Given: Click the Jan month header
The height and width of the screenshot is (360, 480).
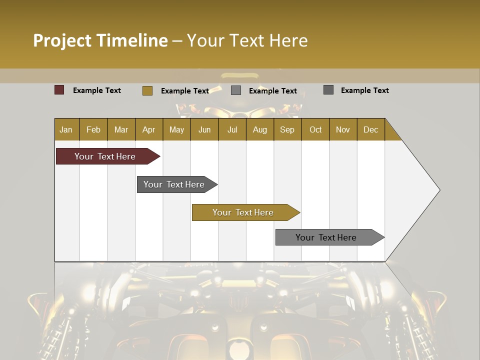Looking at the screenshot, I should point(66,129).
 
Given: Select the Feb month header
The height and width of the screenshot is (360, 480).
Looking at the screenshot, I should point(93,129).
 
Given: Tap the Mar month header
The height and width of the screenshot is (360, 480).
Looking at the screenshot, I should point(121,129).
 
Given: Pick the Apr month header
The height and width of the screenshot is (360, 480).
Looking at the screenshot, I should point(149,129).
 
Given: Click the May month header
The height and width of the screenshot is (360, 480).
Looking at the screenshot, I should point(176,129).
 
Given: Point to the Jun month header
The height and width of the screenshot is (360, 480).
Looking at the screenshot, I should point(204,129).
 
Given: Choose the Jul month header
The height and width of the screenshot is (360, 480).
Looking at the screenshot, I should point(232,129).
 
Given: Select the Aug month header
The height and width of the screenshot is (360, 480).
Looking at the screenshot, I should point(260,129).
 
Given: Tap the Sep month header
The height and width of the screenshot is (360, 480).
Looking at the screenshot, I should point(287,129).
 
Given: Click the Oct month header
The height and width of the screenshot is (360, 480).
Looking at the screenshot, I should point(315,129).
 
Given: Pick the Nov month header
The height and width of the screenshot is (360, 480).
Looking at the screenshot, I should point(343,129).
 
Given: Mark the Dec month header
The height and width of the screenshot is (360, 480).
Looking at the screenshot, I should point(371,129).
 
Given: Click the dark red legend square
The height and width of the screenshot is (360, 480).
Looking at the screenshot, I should point(59,90).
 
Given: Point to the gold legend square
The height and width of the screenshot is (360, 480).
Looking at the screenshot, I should point(147,90).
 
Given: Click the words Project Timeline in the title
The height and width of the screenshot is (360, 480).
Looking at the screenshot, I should point(100,40).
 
